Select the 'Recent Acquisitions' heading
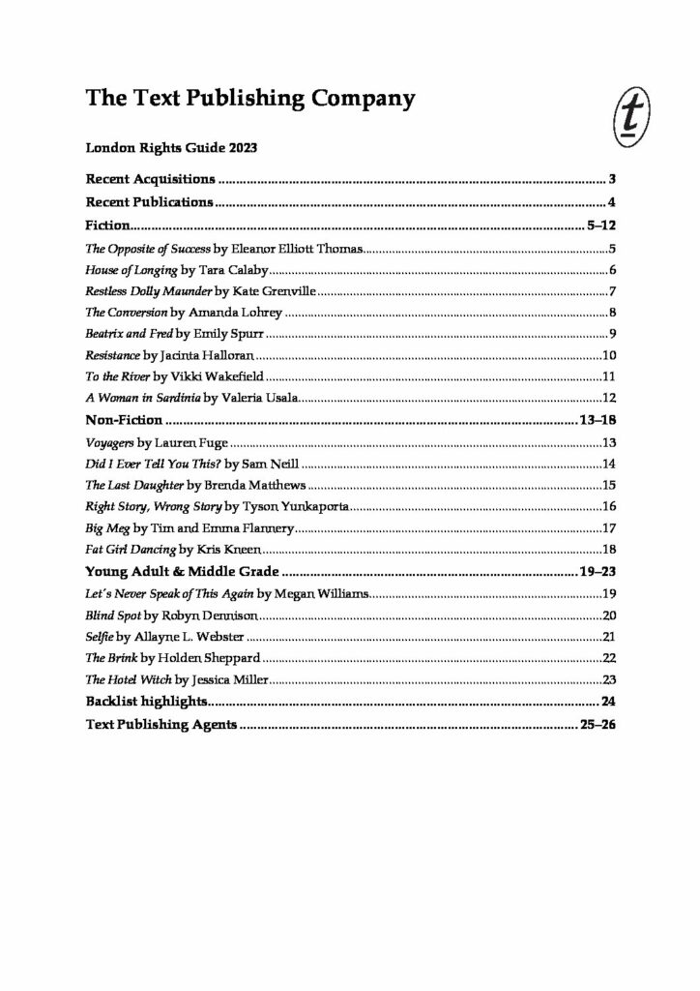point(150,180)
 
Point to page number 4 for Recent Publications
point(612,202)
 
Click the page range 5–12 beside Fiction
point(601,225)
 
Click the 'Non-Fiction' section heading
point(124,421)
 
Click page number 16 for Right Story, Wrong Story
point(608,506)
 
